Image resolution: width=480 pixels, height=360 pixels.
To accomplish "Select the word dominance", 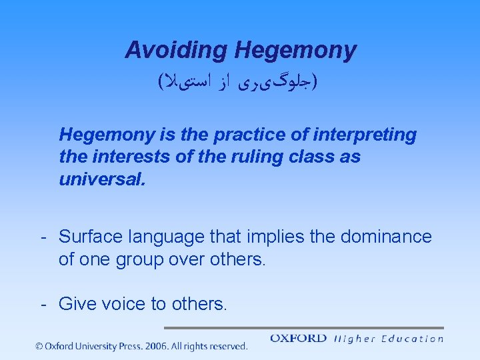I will pyautogui.click(x=387, y=237).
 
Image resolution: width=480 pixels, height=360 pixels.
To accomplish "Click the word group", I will pyautogui.click(x=139, y=259).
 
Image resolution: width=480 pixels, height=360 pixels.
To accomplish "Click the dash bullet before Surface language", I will pyautogui.click(x=43, y=237).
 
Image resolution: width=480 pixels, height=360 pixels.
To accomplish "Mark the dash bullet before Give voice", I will pyautogui.click(x=43, y=305).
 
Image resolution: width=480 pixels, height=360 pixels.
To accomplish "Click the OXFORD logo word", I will pyautogui.click(x=298, y=339).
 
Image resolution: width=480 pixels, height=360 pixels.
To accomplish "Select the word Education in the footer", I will pyautogui.click(x=412, y=339).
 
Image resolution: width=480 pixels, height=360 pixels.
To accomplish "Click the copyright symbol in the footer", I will pyautogui.click(x=39, y=347).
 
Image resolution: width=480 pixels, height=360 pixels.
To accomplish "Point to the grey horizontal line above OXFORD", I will pyautogui.click(x=303, y=328).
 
